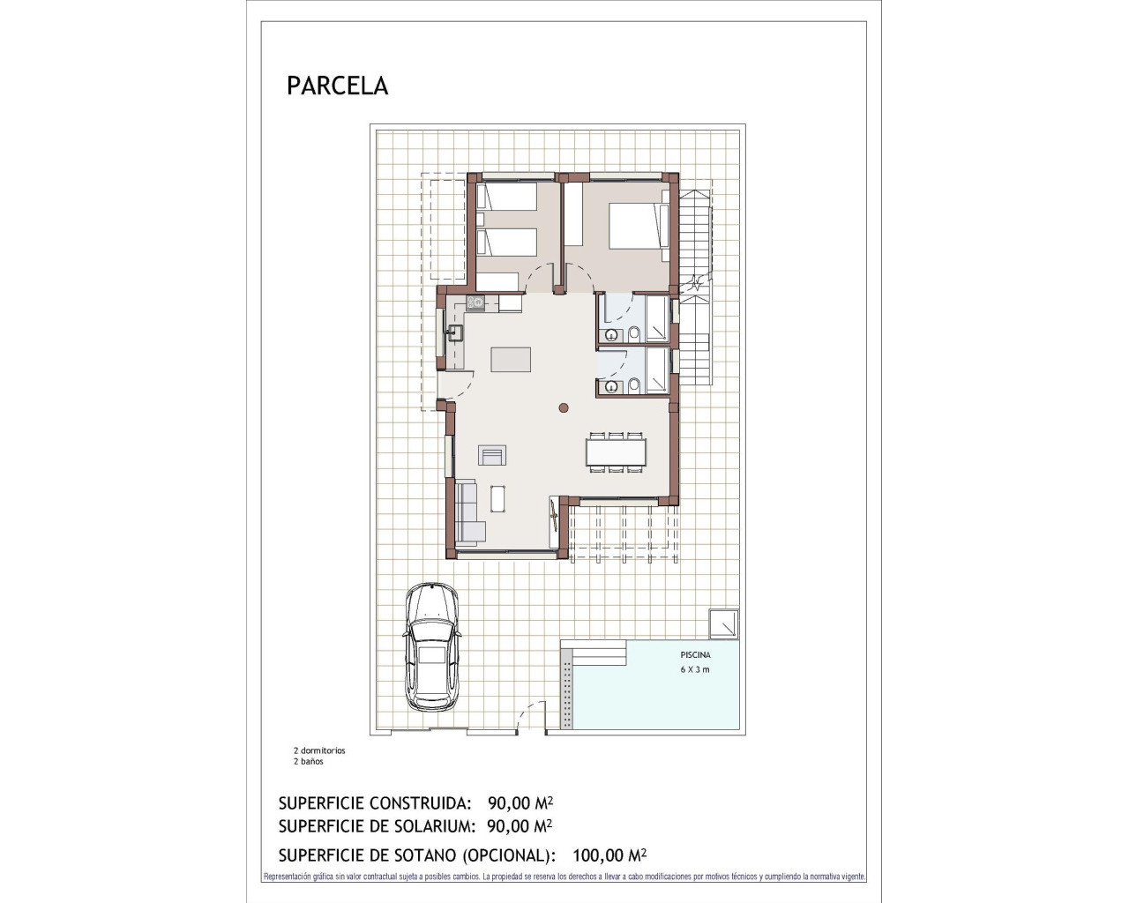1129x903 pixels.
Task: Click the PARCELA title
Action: click(x=337, y=86)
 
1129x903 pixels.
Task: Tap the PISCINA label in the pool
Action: click(x=695, y=655)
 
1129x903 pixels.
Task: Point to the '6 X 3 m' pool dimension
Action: click(x=695, y=669)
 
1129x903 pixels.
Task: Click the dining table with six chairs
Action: click(x=616, y=451)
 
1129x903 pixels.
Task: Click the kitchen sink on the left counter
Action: click(x=456, y=332)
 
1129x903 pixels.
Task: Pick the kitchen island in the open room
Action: click(x=511, y=360)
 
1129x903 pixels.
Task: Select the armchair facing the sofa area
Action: click(x=492, y=455)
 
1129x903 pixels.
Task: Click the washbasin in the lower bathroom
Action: click(x=610, y=386)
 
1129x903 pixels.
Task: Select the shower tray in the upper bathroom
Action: click(x=656, y=318)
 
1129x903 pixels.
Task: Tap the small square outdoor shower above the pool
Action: click(x=724, y=623)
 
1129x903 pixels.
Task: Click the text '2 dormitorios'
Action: click(x=319, y=750)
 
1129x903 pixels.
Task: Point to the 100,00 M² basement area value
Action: click(x=609, y=854)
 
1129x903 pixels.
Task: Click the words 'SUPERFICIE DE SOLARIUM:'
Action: click(x=376, y=826)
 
